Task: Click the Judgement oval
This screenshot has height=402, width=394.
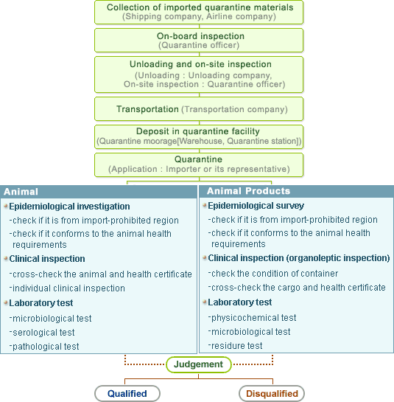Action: click(x=199, y=364)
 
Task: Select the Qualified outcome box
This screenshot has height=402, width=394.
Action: click(x=127, y=394)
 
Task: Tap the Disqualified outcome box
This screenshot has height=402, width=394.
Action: click(x=272, y=394)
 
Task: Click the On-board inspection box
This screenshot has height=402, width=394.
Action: click(x=199, y=41)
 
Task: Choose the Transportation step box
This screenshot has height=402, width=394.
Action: click(x=199, y=109)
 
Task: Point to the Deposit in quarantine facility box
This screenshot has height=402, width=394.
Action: click(x=199, y=137)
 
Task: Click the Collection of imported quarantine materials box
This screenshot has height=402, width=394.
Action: click(x=199, y=13)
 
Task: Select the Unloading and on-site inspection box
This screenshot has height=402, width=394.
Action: click(x=199, y=74)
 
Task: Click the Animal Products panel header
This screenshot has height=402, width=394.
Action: click(x=297, y=191)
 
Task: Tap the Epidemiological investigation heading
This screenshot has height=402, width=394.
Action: click(x=69, y=207)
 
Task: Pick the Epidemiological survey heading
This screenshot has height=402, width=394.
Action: click(x=256, y=206)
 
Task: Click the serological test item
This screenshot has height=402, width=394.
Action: click(x=43, y=333)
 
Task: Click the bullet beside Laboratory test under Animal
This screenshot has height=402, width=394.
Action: click(x=6, y=302)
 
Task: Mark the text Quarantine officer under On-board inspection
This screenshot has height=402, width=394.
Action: click(x=199, y=45)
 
